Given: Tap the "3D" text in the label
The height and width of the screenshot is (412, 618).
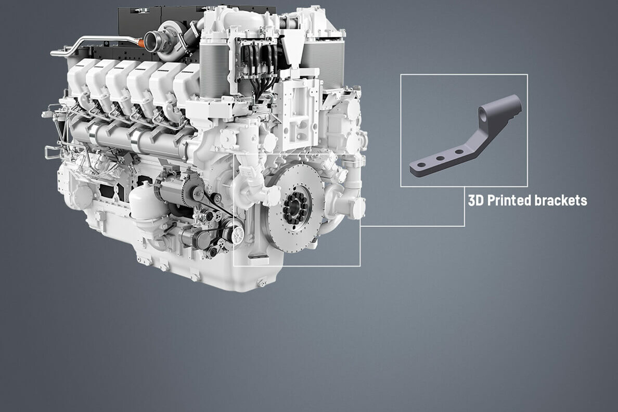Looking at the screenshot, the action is (475, 200).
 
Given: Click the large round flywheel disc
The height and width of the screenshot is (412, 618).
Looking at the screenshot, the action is (295, 208).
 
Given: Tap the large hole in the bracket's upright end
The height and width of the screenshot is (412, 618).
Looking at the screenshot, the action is (483, 117).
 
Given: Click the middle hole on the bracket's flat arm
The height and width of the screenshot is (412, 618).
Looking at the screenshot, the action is (440, 159).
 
